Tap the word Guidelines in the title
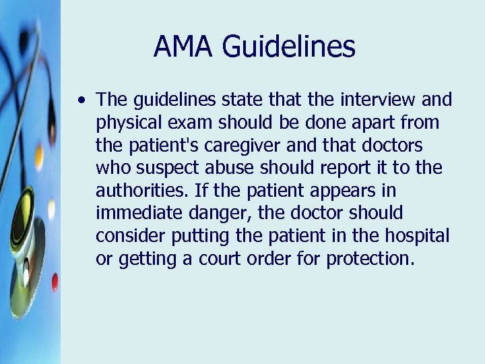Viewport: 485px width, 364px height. [288, 47]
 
